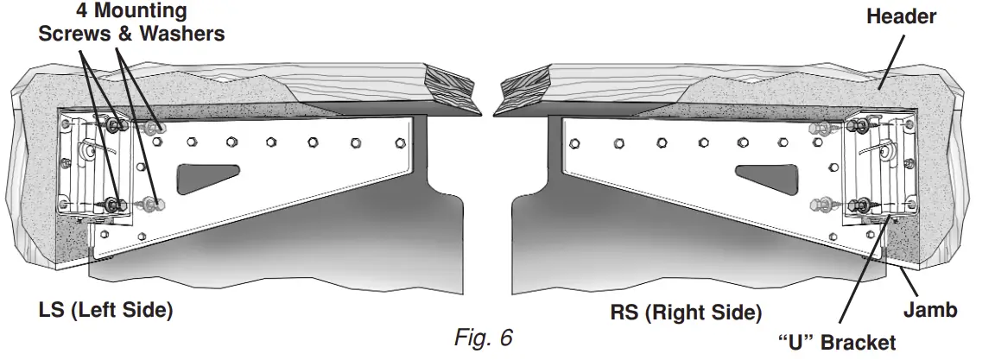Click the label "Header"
(901, 16)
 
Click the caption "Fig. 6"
(484, 337)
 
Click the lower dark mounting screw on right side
(859, 205)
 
